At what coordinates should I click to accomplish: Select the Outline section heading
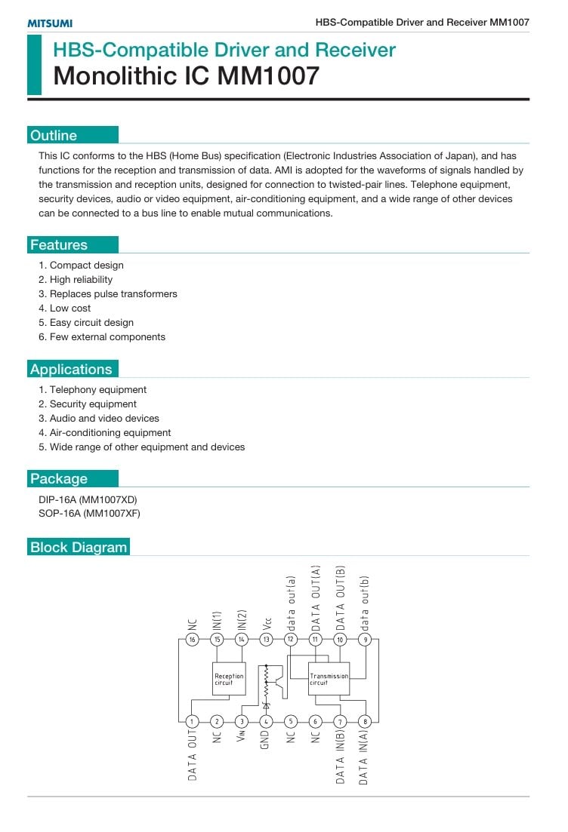click(x=54, y=136)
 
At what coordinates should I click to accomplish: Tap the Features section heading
click(x=59, y=245)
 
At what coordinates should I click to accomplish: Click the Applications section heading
click(x=71, y=370)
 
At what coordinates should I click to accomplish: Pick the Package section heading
click(x=59, y=479)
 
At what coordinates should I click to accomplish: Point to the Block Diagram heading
click(x=79, y=548)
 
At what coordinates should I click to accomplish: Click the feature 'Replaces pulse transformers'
click(x=113, y=294)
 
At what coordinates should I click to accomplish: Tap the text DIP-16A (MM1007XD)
click(x=88, y=500)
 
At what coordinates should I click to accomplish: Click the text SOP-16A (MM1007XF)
click(x=89, y=514)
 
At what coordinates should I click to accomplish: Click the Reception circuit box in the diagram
click(x=229, y=679)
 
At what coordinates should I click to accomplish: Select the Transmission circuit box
click(x=329, y=679)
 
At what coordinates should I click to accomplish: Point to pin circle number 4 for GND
click(x=266, y=722)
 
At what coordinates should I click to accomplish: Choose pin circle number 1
click(x=193, y=722)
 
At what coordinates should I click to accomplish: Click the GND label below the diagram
click(x=266, y=741)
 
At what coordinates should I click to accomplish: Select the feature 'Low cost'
click(x=70, y=309)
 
